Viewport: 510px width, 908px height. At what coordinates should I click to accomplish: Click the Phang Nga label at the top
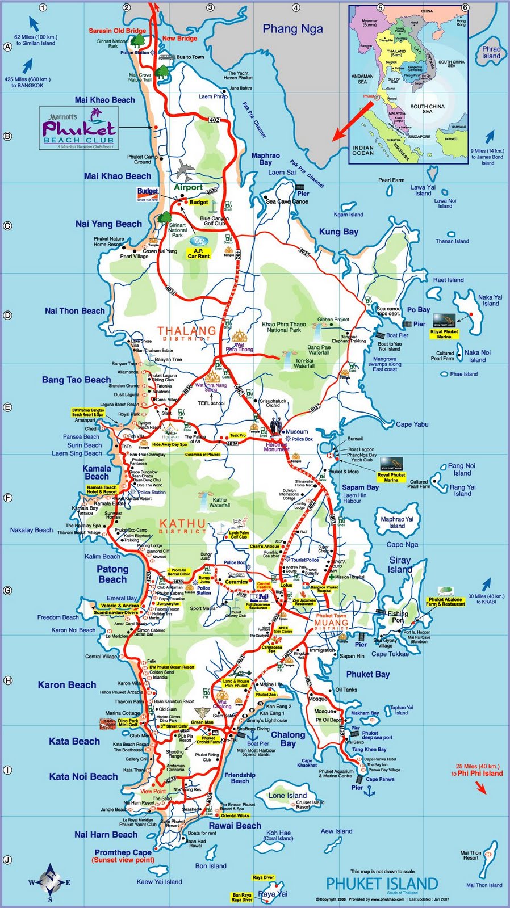[x=292, y=28]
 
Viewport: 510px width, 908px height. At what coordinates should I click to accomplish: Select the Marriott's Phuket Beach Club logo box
[x=79, y=128]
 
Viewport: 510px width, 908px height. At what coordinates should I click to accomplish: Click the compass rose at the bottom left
[x=50, y=882]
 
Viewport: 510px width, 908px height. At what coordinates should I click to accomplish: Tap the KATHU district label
[x=182, y=524]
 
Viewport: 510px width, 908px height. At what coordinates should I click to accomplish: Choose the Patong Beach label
[x=112, y=574]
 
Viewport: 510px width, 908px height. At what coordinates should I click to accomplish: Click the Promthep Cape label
[x=123, y=852]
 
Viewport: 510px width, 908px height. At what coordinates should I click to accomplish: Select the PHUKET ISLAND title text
[x=382, y=884]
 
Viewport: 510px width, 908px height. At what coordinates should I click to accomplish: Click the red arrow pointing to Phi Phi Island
[x=480, y=788]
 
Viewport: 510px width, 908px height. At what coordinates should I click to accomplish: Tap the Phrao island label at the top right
[x=491, y=52]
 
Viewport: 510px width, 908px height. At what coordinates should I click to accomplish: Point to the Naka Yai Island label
[x=490, y=300]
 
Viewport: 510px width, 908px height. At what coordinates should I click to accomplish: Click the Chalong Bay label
[x=288, y=738]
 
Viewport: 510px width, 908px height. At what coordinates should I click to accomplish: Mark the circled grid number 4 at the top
[x=296, y=8]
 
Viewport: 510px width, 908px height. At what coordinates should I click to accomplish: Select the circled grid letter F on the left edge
[x=8, y=498]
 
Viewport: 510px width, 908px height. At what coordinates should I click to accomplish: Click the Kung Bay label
[x=338, y=232]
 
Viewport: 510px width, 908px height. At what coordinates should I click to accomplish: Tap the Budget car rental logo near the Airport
[x=148, y=194]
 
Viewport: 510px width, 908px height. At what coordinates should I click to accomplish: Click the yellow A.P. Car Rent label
[x=198, y=253]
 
